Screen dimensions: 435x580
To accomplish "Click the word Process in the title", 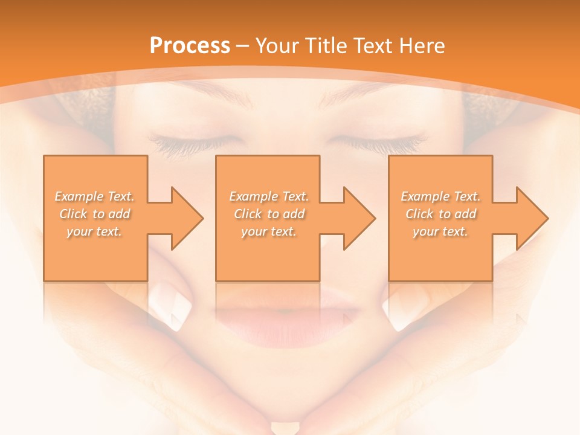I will pos(190,46).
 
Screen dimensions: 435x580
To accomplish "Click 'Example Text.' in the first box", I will pos(95,196).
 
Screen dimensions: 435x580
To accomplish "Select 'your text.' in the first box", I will pos(95,231).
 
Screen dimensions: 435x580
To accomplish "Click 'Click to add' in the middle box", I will pos(269,214).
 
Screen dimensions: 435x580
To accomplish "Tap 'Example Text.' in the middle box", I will pos(269,196).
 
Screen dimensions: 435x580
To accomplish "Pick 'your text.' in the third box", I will pos(440,231).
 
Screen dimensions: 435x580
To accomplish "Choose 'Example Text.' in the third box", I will pos(440,196).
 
